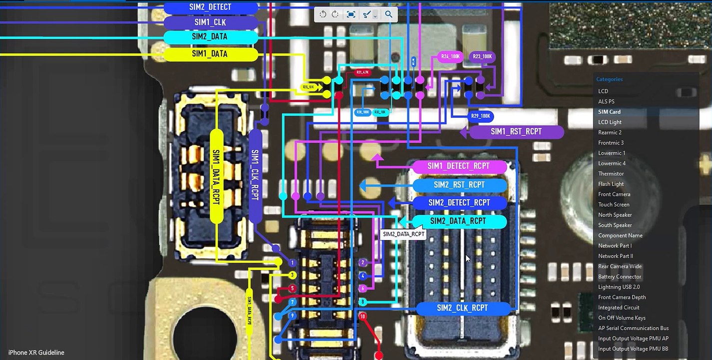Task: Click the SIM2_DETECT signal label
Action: (x=210, y=7)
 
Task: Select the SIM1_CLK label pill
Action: (x=210, y=22)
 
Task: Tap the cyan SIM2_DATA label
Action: (x=210, y=37)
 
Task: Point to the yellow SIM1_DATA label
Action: (x=210, y=54)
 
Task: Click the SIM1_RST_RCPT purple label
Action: (x=516, y=132)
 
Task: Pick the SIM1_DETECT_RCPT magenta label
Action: (x=458, y=166)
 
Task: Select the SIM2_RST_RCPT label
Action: (x=459, y=185)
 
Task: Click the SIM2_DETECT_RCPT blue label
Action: (x=459, y=203)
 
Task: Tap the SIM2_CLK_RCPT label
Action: (x=462, y=308)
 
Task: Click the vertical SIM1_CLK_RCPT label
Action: (x=255, y=175)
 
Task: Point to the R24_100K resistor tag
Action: (x=450, y=57)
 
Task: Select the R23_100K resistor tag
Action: (x=483, y=57)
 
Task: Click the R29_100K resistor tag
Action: (x=481, y=116)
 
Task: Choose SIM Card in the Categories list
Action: (x=610, y=112)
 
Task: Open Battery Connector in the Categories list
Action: (x=620, y=277)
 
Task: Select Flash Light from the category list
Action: (x=611, y=184)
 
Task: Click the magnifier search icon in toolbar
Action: (x=388, y=14)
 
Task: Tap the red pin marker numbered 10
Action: (x=363, y=316)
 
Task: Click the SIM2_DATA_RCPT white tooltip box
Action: (x=403, y=234)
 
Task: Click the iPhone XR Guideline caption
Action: (x=36, y=352)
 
